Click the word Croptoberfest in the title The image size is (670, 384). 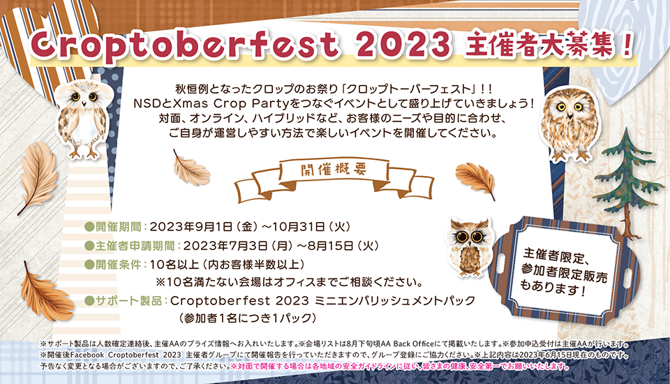185,45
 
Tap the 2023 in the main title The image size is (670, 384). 403,45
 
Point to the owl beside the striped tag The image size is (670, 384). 470,246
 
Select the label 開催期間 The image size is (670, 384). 119,226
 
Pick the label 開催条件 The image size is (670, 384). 119,265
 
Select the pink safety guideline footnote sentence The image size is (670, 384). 399,367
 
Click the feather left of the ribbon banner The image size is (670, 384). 191,168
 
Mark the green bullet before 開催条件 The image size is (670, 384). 89,265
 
